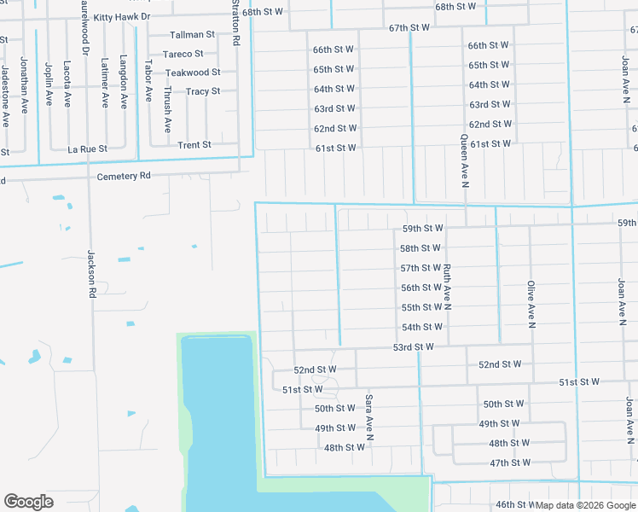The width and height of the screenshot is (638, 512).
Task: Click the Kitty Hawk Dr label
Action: tap(121, 17)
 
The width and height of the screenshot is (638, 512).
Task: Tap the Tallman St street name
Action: tap(192, 35)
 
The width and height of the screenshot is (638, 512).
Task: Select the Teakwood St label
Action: tap(193, 73)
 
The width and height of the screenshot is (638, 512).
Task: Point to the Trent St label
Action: tap(194, 145)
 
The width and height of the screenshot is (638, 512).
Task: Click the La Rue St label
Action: tap(87, 149)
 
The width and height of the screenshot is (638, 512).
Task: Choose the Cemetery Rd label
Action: tap(124, 176)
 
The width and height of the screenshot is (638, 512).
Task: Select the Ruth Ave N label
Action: tap(446, 286)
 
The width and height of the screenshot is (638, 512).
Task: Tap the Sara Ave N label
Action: tap(370, 416)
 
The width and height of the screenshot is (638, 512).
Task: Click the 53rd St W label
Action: tap(414, 347)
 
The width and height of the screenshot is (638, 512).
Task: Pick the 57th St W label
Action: tap(420, 268)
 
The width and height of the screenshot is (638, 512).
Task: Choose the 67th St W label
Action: tap(409, 28)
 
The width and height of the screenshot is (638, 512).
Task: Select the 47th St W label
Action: tap(510, 463)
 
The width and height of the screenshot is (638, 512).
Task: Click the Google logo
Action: tap(28, 502)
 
